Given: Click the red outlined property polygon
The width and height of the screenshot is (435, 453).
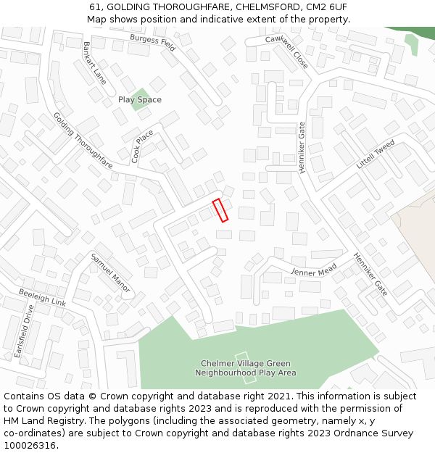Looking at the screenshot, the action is [220, 209].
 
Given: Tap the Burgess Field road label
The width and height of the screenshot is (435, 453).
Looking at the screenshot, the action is [153, 42].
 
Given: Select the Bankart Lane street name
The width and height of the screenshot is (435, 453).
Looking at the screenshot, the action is [94, 62].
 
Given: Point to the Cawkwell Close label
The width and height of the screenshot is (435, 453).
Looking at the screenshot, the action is [286, 51].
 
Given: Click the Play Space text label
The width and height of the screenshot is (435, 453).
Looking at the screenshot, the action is [140, 99].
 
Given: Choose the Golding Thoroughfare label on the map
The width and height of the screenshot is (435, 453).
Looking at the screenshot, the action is [83, 141].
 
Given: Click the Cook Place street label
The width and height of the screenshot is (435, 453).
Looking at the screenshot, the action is [142, 146].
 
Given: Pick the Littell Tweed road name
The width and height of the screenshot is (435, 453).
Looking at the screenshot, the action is [376, 154].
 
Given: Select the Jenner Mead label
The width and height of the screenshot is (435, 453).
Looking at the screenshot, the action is [314, 269].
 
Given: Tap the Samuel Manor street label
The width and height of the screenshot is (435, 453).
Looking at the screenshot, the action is [110, 273].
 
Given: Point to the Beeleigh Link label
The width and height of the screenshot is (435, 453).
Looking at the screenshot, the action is [42, 296].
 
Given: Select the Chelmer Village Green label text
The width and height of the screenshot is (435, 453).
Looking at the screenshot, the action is [245, 364].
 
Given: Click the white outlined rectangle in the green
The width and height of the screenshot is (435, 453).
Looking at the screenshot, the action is [246, 370].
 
